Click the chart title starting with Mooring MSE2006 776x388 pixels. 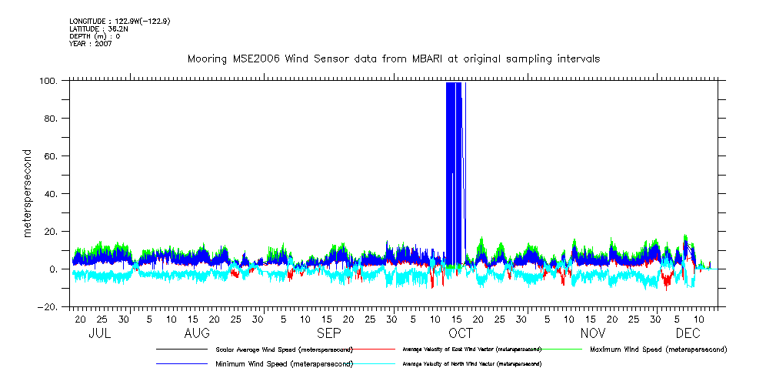click(x=394, y=59)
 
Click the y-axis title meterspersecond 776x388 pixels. click(x=28, y=193)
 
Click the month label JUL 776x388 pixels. click(x=100, y=333)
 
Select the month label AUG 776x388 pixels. click(x=197, y=333)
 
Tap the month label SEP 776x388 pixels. click(x=329, y=333)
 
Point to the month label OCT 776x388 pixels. click(x=460, y=333)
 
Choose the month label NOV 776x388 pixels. click(x=592, y=333)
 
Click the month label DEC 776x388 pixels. click(x=688, y=333)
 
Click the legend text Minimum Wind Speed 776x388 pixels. click(x=284, y=363)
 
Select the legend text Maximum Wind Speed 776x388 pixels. click(x=658, y=350)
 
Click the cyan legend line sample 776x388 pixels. click(x=376, y=363)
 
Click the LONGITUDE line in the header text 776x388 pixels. click(x=119, y=21)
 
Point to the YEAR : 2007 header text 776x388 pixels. click(x=91, y=44)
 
